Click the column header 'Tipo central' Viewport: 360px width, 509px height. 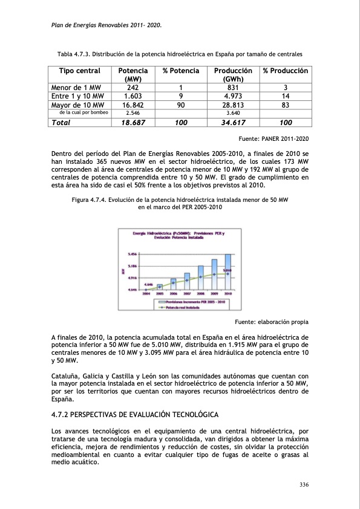coord(79,71)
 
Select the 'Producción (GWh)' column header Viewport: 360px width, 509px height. coord(233,75)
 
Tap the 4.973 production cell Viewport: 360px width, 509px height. coord(233,96)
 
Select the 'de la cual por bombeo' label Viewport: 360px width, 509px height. coord(83,112)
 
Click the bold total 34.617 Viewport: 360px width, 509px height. coord(233,122)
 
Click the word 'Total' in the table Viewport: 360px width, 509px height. coord(61,122)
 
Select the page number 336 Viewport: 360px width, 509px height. coord(304,484)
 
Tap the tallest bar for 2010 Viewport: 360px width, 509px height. coord(227,271)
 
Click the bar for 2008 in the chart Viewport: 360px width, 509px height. coord(201,277)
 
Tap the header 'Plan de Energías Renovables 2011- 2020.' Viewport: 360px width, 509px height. coord(105,25)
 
